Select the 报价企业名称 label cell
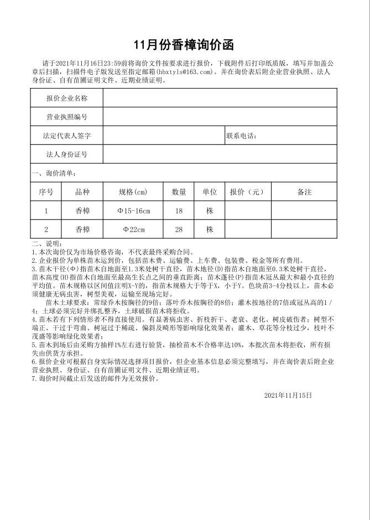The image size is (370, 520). pyautogui.click(x=67, y=98)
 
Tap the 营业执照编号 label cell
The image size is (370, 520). pyautogui.click(x=67, y=117)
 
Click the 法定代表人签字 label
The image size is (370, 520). pyautogui.click(x=67, y=136)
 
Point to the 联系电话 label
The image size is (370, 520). pyautogui.click(x=241, y=136)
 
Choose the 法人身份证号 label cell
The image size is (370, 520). pyautogui.click(x=67, y=154)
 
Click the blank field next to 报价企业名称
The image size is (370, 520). pyautogui.click(x=220, y=98)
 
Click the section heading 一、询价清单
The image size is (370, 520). pyautogui.click(x=50, y=173)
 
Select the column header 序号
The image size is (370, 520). pyautogui.click(x=46, y=192)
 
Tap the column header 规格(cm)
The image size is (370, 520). pyautogui.click(x=133, y=192)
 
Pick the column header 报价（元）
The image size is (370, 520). pyautogui.click(x=247, y=192)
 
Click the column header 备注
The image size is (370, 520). pyautogui.click(x=304, y=192)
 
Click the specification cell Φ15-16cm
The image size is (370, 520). pyautogui.click(x=133, y=211)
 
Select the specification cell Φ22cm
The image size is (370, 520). pyautogui.click(x=133, y=229)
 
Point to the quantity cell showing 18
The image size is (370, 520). pyautogui.click(x=179, y=211)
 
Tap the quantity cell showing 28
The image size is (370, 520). pyautogui.click(x=179, y=229)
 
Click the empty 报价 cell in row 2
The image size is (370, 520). pyautogui.click(x=247, y=229)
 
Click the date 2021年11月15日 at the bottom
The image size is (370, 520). pyautogui.click(x=288, y=396)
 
